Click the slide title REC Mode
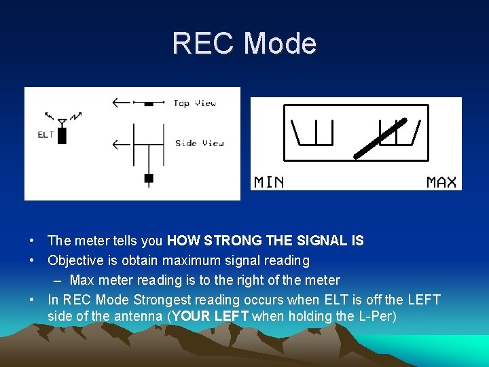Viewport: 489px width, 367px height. click(244, 43)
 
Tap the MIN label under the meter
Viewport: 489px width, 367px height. click(269, 182)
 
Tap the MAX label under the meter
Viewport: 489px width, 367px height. click(441, 182)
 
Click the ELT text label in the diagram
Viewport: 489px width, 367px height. click(46, 135)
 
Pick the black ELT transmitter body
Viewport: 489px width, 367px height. click(62, 135)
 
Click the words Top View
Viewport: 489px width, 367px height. click(194, 103)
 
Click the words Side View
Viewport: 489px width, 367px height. click(199, 143)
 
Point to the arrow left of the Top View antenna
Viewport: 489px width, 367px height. click(122, 103)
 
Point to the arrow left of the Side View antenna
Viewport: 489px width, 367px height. click(122, 143)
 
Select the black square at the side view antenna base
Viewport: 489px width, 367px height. click(149, 179)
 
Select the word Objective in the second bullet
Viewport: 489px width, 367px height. click(75, 260)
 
